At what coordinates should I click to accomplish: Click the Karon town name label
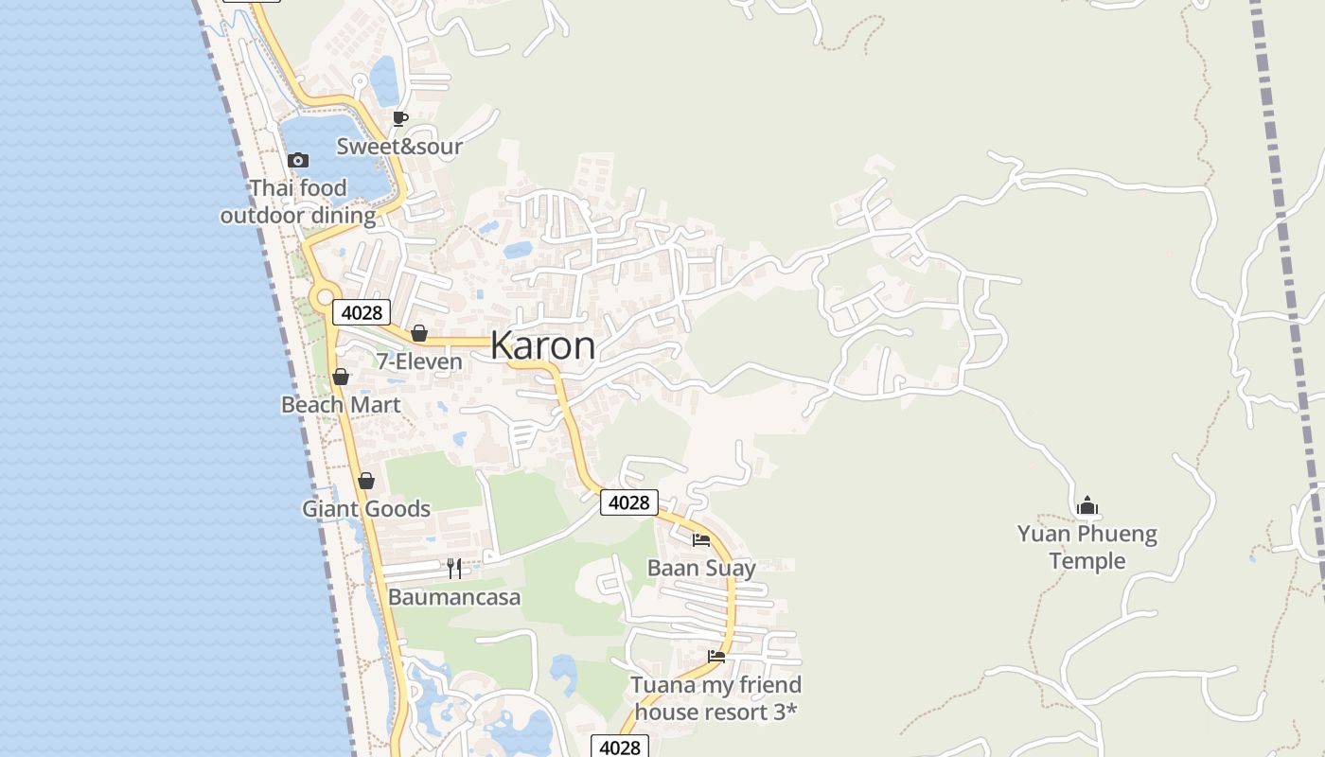click(x=542, y=345)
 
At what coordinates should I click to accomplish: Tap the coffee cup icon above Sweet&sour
click(x=399, y=118)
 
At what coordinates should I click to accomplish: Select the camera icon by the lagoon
click(x=298, y=160)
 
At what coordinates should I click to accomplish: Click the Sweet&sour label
click(x=399, y=146)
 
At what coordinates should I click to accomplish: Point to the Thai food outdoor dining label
click(x=298, y=202)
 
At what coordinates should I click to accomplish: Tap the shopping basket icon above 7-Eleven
click(x=418, y=333)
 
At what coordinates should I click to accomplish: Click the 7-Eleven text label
click(x=419, y=361)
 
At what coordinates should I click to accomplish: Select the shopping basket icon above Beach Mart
click(x=341, y=377)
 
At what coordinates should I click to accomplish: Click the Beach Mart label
click(x=341, y=404)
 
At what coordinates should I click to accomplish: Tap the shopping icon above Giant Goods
click(x=366, y=481)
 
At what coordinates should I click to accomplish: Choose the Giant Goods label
click(x=366, y=508)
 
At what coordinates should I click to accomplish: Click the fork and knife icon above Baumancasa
click(x=454, y=568)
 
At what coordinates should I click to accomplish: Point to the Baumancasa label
click(x=454, y=597)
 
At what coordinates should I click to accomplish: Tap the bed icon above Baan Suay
click(x=701, y=540)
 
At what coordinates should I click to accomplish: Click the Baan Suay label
click(x=701, y=568)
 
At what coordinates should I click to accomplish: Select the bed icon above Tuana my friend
click(x=716, y=656)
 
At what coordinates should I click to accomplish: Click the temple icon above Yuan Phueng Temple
click(x=1087, y=505)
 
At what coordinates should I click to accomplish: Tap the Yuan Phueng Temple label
click(x=1087, y=547)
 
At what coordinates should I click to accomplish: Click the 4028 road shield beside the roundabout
click(x=362, y=312)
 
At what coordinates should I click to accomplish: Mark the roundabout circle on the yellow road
click(x=325, y=298)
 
